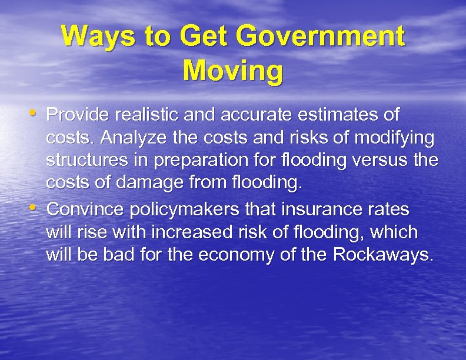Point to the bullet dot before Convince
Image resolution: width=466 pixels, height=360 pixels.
[x=35, y=207]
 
